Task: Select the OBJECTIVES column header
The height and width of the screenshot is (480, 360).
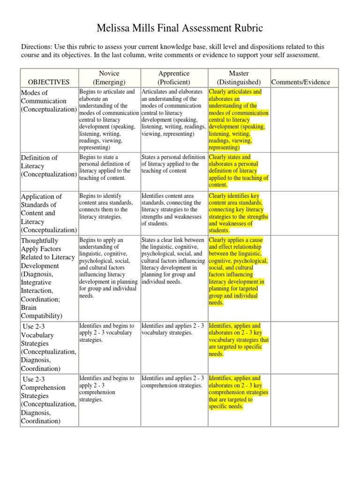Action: (49, 82)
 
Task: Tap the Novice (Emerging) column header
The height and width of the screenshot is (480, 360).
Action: (109, 78)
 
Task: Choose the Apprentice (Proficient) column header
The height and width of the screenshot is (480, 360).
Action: (173, 78)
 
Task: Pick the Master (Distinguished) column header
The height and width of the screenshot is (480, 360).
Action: (239, 78)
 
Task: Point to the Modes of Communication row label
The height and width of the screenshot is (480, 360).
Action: (48, 101)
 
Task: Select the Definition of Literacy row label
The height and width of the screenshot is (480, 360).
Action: (48, 166)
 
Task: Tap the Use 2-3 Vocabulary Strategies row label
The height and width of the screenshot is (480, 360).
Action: (48, 347)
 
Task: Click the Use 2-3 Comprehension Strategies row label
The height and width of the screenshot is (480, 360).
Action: (48, 400)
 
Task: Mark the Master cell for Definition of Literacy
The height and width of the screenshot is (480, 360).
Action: (239, 171)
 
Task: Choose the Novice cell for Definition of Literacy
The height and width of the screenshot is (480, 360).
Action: (109, 167)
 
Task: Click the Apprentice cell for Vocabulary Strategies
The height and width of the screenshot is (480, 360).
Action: (173, 329)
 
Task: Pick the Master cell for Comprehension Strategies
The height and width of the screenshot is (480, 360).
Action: (239, 392)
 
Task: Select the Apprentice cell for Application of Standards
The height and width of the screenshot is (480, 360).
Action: (173, 210)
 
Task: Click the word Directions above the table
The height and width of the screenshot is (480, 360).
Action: (39, 47)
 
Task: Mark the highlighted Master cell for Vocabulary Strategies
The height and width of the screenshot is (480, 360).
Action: (239, 340)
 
